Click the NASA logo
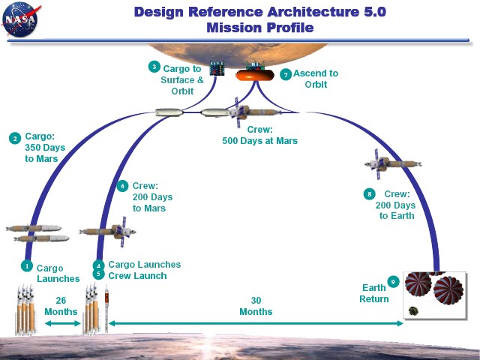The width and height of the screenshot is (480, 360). (20, 19)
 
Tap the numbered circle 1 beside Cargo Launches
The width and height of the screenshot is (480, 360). (27, 265)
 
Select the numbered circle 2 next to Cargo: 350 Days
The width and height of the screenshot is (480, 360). (15, 138)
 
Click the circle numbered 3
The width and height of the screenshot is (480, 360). (154, 67)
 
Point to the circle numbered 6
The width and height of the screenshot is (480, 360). (122, 186)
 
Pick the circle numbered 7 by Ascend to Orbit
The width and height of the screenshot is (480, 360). (286, 74)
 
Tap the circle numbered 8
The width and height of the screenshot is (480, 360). (370, 193)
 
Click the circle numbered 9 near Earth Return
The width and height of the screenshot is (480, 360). (393, 281)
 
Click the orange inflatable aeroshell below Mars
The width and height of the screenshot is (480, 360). (255, 75)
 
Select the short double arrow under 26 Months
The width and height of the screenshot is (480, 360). (63, 323)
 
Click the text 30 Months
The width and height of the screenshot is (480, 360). (256, 306)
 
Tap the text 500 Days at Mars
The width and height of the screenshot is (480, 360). (260, 141)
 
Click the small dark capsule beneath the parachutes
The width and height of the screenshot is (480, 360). (413, 311)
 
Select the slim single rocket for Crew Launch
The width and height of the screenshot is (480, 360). (106, 308)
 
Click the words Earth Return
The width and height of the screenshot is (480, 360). (374, 293)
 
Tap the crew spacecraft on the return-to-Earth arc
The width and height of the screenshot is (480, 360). (393, 164)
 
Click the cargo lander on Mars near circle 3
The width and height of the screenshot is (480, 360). (217, 68)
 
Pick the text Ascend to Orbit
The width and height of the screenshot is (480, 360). (316, 79)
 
